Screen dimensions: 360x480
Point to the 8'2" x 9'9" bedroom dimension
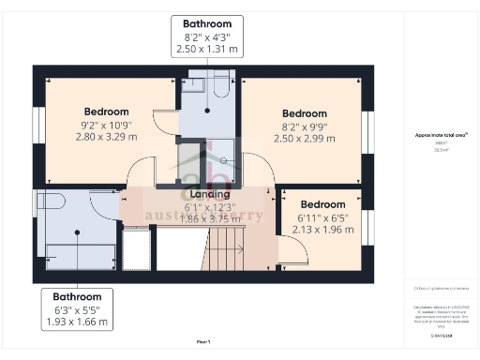click(305, 126)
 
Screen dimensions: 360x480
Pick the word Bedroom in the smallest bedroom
click(322, 203)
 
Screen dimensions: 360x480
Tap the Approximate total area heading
click(441, 135)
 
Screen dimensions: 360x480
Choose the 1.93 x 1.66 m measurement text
click(77, 322)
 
